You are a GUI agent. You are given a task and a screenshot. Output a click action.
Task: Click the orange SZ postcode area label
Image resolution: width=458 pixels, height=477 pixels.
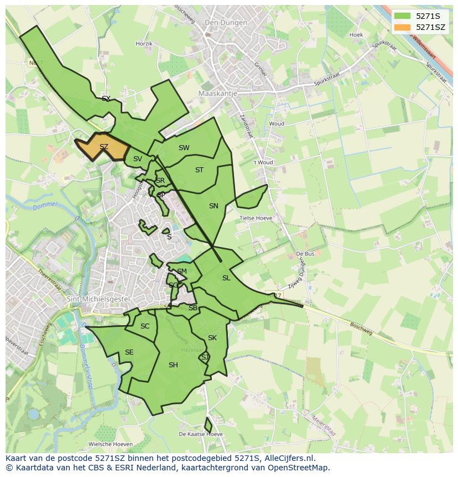[x=104, y=147]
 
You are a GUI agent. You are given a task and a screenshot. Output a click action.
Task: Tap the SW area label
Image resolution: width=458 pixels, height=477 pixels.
[x=184, y=148]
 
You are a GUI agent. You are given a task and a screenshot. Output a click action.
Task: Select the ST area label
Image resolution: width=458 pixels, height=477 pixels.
[x=200, y=170]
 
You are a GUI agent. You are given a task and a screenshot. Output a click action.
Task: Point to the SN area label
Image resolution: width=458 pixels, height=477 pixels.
[x=214, y=206]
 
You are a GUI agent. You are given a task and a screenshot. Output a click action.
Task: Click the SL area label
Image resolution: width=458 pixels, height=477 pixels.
[x=226, y=278]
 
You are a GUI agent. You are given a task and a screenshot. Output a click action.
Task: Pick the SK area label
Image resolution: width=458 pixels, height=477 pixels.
[x=212, y=338]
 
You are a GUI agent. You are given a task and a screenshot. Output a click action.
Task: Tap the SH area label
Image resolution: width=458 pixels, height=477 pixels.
[x=173, y=365]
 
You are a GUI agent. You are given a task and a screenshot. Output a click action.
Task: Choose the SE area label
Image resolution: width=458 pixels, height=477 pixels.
[x=129, y=352]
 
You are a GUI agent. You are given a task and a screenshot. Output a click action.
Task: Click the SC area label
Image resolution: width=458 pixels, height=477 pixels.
[x=145, y=326]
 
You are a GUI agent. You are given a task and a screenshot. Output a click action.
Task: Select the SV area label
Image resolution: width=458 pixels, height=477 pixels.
[x=138, y=159]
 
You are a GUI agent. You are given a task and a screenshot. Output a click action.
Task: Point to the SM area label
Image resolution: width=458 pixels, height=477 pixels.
[x=182, y=271]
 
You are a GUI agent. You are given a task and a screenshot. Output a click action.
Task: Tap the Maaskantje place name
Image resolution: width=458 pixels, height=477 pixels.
[x=217, y=94]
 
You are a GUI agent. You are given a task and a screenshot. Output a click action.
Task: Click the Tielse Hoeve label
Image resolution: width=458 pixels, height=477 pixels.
[x=256, y=218]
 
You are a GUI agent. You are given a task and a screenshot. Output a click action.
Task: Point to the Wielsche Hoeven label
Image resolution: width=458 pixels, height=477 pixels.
[x=111, y=444]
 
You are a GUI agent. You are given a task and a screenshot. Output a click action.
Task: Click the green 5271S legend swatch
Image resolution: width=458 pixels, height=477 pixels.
[x=402, y=16]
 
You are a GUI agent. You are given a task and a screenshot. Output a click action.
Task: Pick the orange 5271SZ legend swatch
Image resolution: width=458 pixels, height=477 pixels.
[x=402, y=27]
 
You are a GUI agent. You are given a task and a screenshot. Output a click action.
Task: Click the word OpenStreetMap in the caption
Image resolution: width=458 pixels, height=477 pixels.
[x=299, y=468]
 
